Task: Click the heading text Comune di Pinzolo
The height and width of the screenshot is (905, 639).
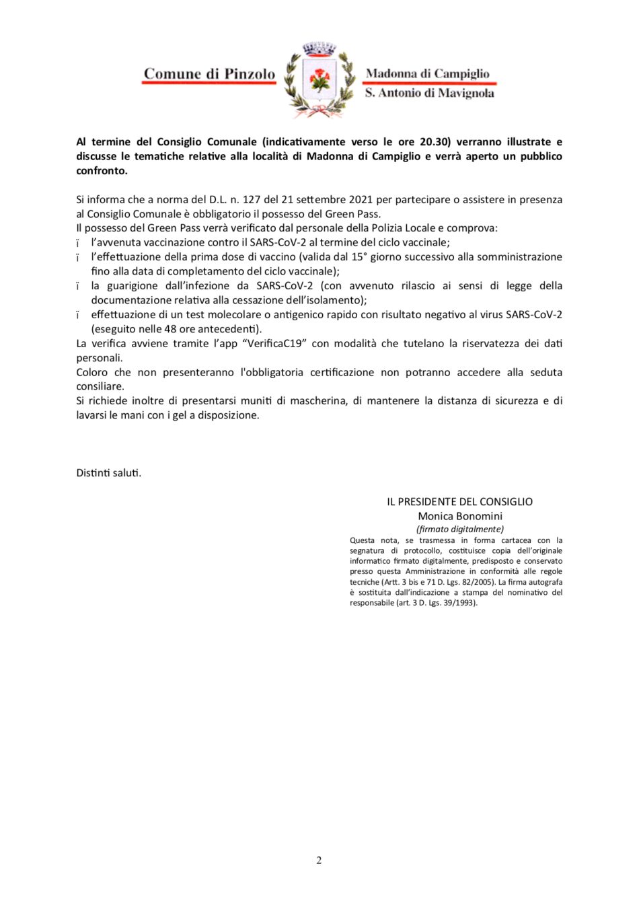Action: (209, 74)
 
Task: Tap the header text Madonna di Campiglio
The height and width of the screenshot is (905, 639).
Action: (427, 73)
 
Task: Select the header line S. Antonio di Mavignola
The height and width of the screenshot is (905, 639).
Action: (429, 93)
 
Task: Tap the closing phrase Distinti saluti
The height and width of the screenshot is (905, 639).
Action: (109, 473)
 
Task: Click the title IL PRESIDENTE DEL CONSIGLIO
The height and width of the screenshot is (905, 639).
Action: (459, 502)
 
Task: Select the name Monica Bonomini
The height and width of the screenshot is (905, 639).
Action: (460, 516)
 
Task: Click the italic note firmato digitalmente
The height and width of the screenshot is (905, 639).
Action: (460, 530)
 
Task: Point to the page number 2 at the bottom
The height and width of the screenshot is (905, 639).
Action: (319, 860)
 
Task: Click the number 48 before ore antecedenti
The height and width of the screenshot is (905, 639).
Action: (170, 329)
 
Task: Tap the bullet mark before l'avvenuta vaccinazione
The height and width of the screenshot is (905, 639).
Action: (78, 243)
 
